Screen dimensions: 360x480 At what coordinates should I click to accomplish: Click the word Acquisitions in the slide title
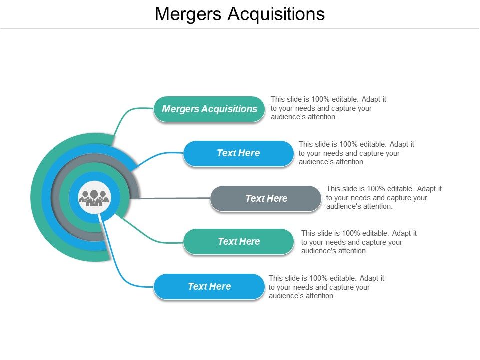click(x=276, y=14)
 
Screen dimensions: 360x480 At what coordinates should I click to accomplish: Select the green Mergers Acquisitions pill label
click(x=209, y=109)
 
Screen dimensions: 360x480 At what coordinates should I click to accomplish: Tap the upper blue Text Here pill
click(x=238, y=153)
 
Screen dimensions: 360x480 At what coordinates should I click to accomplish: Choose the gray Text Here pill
click(x=266, y=198)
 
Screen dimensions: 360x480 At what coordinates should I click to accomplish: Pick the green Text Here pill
click(x=238, y=242)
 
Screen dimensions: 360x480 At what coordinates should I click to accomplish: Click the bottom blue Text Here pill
click(x=209, y=287)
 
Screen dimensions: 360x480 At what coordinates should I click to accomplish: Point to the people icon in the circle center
click(x=94, y=198)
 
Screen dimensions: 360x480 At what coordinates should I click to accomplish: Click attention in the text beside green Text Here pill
click(x=351, y=251)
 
